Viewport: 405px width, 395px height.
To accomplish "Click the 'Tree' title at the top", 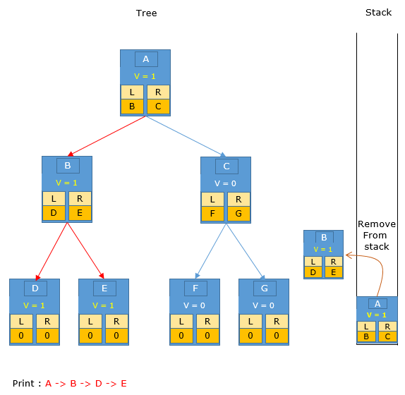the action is coord(146,13).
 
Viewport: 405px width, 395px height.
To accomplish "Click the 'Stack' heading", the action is coord(378,13).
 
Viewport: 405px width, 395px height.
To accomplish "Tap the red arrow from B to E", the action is coord(85,250).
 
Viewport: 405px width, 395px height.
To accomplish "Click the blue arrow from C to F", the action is coord(210,250).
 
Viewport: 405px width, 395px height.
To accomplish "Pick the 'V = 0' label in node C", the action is coord(225,183).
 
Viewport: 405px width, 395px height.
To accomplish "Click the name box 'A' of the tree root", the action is coord(146,59).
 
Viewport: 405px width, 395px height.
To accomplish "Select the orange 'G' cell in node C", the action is coord(238,214).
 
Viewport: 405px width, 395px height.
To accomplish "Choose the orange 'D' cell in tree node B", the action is coord(54,213).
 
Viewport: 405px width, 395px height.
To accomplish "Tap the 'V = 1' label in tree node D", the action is coord(34,305).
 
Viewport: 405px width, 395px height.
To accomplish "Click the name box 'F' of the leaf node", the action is coord(195,288).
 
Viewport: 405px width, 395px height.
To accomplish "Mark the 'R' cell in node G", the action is coord(277,321).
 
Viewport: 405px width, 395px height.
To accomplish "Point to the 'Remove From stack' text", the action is coord(377,235).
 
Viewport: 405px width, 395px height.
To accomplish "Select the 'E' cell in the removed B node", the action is coord(334,272).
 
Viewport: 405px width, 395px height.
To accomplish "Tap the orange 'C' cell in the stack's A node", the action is coord(387,336).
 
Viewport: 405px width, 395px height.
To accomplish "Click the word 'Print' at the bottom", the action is coord(23,384).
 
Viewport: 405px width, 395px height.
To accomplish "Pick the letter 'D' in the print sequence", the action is coord(98,384).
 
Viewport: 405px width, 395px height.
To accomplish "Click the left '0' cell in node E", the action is coord(90,336).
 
